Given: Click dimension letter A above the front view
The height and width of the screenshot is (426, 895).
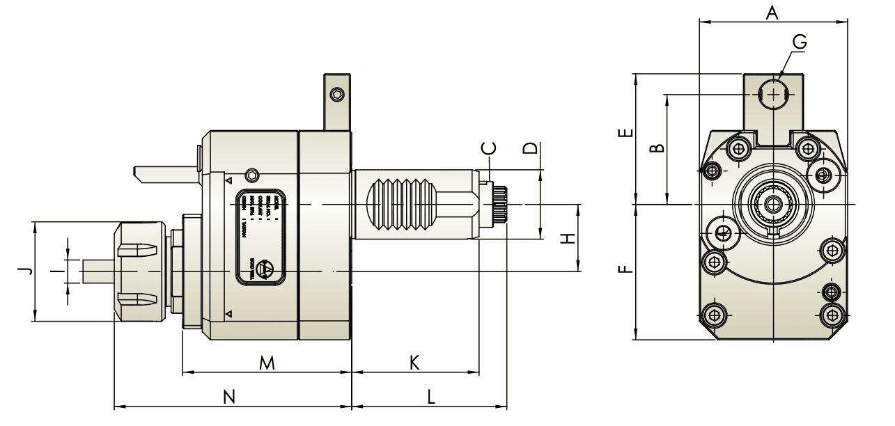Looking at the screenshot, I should coord(771,12).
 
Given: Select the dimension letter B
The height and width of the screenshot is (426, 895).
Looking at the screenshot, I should coord(655,148).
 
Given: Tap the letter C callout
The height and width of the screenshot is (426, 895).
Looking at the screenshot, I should coord(490,148).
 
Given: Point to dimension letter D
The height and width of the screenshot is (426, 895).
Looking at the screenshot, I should coord(531,148).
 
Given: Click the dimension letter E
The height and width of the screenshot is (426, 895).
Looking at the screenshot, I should coord(626,132).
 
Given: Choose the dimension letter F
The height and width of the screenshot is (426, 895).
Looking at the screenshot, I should coord(626,268).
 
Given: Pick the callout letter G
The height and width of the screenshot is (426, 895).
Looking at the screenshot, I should coord(800,42).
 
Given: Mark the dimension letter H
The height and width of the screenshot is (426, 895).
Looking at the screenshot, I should coord(569,239).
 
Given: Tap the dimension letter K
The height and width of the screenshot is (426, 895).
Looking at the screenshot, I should coord(414,363).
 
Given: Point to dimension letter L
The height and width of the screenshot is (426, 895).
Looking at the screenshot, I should coord(431,396).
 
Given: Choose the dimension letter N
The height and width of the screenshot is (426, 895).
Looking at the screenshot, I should coord(228,396).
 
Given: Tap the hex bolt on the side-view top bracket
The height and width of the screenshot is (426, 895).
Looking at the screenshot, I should coord(337,94).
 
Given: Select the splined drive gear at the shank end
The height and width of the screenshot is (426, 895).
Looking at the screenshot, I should coord(499,203).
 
